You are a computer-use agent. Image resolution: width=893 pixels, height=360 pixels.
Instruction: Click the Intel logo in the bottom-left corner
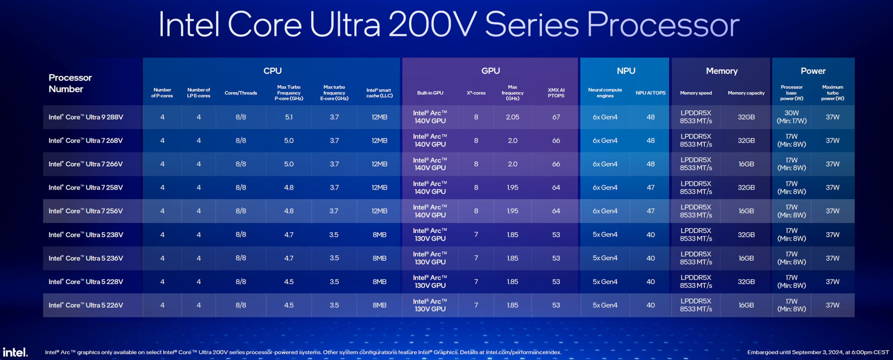[x=15, y=352]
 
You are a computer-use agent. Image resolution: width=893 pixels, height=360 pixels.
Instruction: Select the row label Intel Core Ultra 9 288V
[x=86, y=117]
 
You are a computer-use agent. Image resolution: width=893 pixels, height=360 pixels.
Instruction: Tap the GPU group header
[x=490, y=71]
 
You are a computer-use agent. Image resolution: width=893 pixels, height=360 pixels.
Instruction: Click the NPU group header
[x=626, y=71]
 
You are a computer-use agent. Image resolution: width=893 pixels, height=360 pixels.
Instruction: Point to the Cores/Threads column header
[x=241, y=93]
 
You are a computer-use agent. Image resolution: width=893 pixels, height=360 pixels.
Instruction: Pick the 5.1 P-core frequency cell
[x=289, y=117]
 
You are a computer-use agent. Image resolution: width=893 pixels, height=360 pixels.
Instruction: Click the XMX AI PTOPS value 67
[x=556, y=117]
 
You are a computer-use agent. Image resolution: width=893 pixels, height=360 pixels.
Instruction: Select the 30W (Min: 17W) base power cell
[x=791, y=117]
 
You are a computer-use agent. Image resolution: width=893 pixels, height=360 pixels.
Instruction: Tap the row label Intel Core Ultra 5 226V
[x=86, y=305]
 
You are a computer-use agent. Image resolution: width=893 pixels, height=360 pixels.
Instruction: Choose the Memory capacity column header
[x=746, y=93]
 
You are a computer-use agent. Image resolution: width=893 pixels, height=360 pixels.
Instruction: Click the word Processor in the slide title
[x=663, y=24]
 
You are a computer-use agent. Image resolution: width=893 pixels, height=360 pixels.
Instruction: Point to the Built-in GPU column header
[x=430, y=93]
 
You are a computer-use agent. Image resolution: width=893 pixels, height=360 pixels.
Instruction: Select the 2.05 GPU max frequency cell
[x=512, y=117]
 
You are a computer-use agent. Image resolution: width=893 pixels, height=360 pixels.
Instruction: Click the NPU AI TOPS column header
[x=650, y=93]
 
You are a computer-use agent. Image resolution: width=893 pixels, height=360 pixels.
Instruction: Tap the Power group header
[x=813, y=71]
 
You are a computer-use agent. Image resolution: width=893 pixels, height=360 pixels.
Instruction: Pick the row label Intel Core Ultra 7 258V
[x=86, y=188]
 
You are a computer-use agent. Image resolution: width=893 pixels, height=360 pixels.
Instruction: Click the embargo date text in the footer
[x=818, y=352]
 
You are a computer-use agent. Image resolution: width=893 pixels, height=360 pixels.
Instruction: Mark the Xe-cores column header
[x=476, y=93]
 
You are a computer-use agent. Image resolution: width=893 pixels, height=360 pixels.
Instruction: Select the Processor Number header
[x=70, y=83]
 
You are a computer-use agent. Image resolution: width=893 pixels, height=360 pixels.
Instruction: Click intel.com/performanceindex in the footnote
[x=523, y=352]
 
